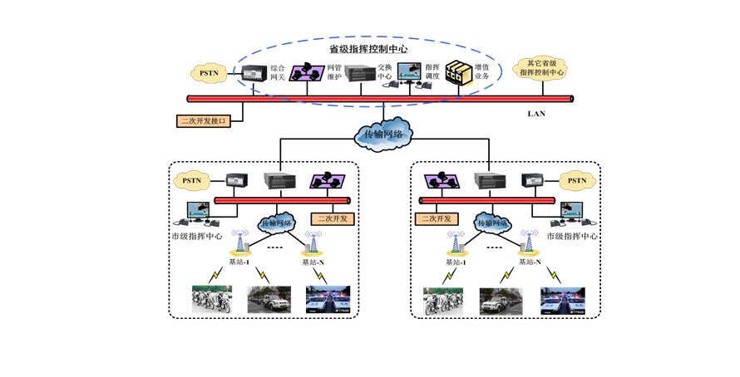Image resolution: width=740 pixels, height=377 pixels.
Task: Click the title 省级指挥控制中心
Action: [368, 50]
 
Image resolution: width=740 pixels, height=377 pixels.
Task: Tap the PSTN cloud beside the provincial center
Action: [209, 73]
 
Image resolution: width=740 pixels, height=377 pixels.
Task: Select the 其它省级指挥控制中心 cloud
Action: [541, 69]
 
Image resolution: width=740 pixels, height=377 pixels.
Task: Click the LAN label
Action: [536, 114]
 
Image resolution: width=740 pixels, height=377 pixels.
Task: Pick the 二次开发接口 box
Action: [203, 120]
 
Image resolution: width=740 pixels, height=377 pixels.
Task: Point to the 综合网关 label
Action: [278, 72]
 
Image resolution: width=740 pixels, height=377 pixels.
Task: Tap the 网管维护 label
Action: [333, 72]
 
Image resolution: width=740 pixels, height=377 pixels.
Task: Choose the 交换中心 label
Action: [384, 72]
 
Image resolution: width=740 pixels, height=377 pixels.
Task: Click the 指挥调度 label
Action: [432, 72]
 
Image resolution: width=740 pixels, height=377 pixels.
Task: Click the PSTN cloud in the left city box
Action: [191, 179]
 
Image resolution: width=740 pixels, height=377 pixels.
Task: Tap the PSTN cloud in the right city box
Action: [577, 179]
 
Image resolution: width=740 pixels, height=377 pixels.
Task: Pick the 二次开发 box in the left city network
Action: [331, 219]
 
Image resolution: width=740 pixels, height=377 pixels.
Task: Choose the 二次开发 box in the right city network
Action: [435, 219]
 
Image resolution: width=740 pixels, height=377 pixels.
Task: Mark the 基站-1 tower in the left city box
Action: [241, 242]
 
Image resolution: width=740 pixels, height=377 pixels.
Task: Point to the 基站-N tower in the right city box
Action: [525, 242]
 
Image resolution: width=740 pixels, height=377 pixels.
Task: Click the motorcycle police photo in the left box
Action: [212, 300]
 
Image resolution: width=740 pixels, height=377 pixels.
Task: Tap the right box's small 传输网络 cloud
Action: [492, 222]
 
